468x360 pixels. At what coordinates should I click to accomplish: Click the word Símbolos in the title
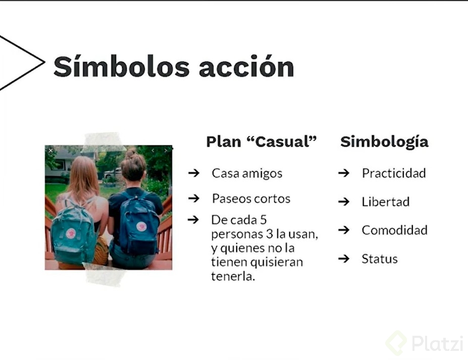tap(122, 66)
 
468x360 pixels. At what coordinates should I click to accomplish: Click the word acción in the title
tap(246, 66)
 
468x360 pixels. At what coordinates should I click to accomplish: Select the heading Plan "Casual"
tap(262, 141)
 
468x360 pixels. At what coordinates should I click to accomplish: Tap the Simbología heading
tap(384, 142)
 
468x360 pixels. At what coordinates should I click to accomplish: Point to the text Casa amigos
tap(247, 173)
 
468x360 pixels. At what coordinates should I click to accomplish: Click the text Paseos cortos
tap(251, 198)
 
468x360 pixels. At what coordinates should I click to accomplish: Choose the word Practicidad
tap(394, 173)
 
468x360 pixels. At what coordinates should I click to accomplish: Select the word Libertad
tap(386, 202)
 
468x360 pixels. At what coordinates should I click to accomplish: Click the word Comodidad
tap(395, 230)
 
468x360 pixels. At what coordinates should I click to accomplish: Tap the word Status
tap(380, 259)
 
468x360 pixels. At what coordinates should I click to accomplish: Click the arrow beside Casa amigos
tap(194, 173)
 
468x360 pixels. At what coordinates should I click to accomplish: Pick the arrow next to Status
tap(344, 258)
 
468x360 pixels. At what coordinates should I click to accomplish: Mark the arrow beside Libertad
tap(344, 201)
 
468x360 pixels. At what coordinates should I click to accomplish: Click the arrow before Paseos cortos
tap(194, 198)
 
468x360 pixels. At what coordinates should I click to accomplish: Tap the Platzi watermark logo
tap(425, 343)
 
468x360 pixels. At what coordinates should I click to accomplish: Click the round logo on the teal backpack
tap(71, 233)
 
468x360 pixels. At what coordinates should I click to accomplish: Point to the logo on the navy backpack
tap(141, 227)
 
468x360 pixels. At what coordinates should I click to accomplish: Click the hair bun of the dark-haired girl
tap(131, 155)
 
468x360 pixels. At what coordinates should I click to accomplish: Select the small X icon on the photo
tap(51, 150)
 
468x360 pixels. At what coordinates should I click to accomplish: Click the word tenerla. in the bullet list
tap(233, 276)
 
